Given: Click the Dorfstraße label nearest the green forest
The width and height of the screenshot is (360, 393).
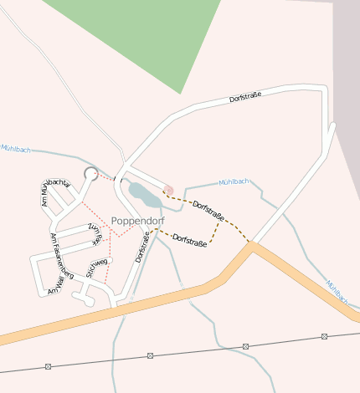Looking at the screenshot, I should pyautogui.click(x=245, y=98).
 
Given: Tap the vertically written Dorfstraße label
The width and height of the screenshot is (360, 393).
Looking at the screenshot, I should pyautogui.click(x=141, y=248).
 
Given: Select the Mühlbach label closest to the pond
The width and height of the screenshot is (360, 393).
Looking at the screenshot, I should pyautogui.click(x=234, y=181).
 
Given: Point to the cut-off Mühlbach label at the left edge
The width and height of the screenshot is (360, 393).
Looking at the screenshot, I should pyautogui.click(x=15, y=148).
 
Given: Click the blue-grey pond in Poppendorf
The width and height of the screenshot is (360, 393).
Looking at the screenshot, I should pyautogui.click(x=144, y=196).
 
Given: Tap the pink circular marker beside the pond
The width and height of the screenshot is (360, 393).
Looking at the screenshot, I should pyautogui.click(x=168, y=190).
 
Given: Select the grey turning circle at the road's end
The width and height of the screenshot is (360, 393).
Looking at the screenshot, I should pyautogui.click(x=90, y=173).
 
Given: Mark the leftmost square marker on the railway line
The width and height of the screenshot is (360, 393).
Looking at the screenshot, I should pyautogui.click(x=49, y=366).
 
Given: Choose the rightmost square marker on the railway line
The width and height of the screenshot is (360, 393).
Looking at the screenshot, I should pyautogui.click(x=324, y=336).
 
